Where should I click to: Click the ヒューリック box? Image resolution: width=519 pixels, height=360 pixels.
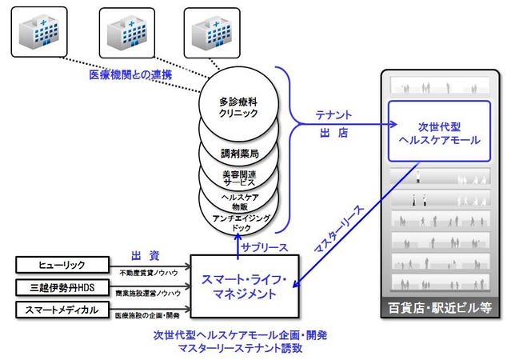[62, 264]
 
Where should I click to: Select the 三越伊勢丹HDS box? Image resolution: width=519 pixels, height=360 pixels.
[62, 286]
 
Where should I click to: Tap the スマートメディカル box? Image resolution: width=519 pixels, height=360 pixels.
[62, 308]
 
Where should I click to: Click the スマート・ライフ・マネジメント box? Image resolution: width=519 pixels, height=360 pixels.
[243, 286]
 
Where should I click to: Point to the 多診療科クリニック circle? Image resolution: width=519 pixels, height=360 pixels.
[239, 108]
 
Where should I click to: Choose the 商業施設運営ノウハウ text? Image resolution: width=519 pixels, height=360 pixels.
[147, 294]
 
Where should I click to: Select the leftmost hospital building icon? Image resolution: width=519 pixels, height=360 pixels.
[38, 30]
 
